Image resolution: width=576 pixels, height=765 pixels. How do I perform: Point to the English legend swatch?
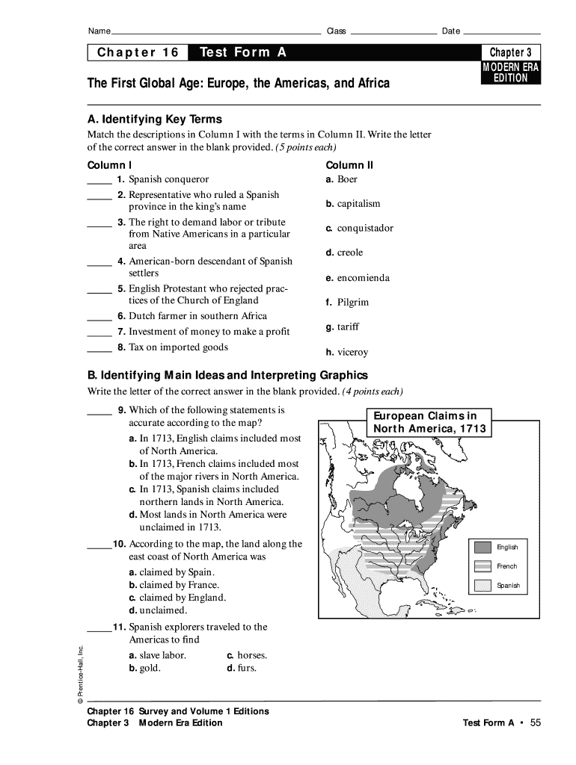tap(482, 547)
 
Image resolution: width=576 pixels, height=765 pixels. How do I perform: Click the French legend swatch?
tap(482, 566)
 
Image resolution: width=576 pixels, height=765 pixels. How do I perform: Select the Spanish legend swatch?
tap(482, 586)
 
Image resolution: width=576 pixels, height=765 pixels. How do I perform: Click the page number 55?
tap(534, 722)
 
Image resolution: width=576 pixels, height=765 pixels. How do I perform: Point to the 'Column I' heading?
tap(110, 165)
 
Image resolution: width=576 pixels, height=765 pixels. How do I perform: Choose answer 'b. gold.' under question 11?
tap(144, 668)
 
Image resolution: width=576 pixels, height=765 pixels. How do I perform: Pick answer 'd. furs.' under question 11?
tap(242, 668)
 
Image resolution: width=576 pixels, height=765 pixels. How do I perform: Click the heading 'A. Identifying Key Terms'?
tap(155, 120)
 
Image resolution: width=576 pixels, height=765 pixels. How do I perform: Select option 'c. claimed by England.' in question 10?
tap(177, 598)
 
